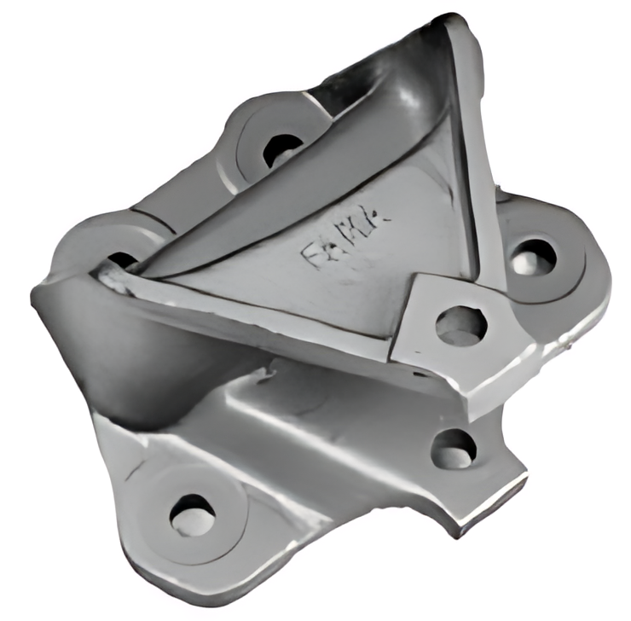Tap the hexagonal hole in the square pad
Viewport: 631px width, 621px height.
(x=460, y=325)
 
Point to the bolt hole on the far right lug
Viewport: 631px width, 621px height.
(x=534, y=256)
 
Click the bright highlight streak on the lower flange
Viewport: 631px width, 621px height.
(x=273, y=418)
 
